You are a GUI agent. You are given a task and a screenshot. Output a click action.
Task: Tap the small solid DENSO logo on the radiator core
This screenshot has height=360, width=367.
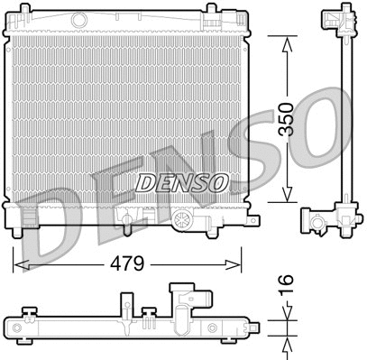(x=182, y=181)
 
